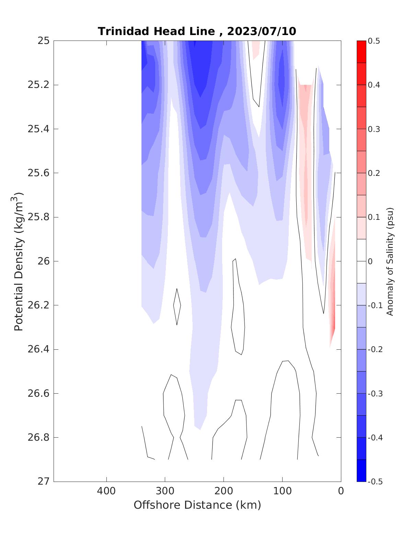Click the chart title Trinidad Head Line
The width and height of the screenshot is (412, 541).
click(x=157, y=31)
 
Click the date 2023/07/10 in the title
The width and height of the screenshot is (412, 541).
click(x=261, y=31)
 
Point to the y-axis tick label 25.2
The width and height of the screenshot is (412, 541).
click(x=38, y=84)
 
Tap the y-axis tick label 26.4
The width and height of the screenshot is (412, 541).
click(x=38, y=349)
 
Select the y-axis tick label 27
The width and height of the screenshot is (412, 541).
click(x=43, y=482)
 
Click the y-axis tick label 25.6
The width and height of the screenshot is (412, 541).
click(x=38, y=173)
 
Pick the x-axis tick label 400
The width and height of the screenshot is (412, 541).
click(x=106, y=491)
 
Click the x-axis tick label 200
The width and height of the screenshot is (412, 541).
click(x=224, y=491)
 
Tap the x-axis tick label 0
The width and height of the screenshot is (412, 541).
click(x=341, y=491)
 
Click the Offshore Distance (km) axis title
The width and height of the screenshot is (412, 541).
click(x=197, y=505)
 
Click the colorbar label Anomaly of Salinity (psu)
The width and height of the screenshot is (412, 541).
click(x=390, y=261)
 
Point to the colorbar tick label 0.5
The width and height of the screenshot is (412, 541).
click(x=374, y=41)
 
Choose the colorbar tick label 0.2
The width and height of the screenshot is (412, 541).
click(x=374, y=173)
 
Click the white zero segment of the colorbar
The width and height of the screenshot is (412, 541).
click(x=361, y=261)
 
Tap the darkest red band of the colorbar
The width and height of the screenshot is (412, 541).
click(x=361, y=52)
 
